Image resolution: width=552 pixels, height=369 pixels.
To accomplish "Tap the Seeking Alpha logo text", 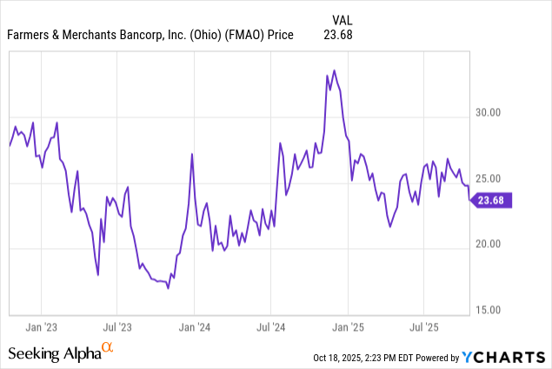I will (x=54, y=353).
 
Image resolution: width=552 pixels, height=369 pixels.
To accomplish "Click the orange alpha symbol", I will (x=108, y=349).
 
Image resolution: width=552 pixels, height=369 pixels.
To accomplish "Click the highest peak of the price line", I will (x=335, y=70).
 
